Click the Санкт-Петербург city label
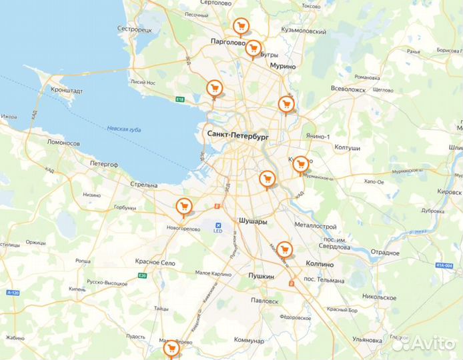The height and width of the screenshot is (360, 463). click(x=238, y=134)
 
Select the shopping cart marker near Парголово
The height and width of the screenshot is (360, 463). click(x=241, y=27)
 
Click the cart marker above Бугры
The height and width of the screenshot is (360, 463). click(x=253, y=48)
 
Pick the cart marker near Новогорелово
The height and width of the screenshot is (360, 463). click(x=183, y=207)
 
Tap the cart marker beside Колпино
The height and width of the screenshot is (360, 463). click(x=285, y=249)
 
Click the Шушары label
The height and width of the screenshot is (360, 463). click(x=253, y=220)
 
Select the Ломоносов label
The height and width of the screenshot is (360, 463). click(x=63, y=143)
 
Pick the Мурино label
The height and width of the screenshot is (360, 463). click(x=283, y=66)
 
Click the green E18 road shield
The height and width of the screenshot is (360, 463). click(x=179, y=100)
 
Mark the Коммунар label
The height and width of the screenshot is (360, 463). click(x=250, y=340)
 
